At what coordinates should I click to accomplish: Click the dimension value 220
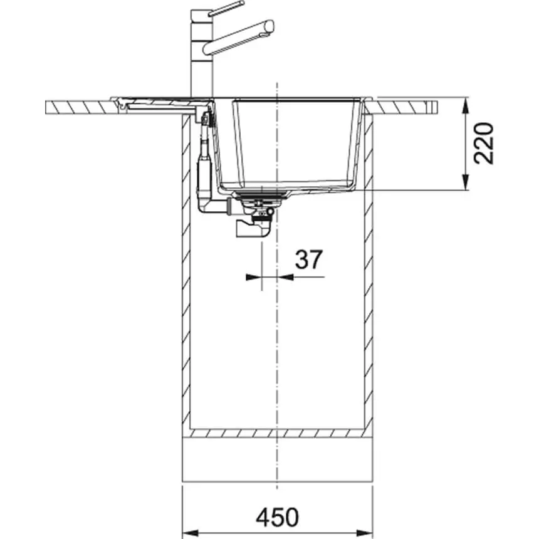484,144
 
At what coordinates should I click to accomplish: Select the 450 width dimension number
276,518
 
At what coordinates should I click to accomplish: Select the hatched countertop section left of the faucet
81,107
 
